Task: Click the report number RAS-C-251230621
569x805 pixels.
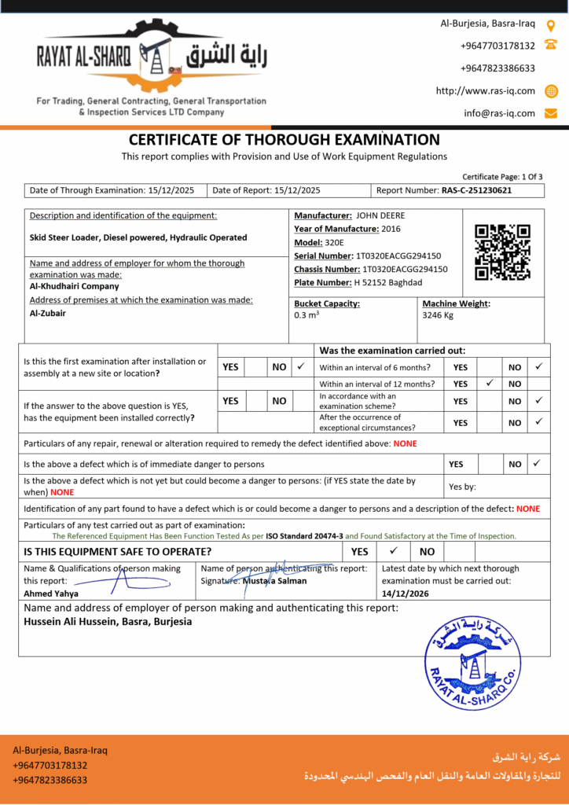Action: point(476,190)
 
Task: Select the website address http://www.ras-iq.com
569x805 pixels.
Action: point(485,91)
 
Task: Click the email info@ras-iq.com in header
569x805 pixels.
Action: point(499,113)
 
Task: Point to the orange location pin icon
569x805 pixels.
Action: point(551,25)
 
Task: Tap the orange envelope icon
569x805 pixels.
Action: point(551,113)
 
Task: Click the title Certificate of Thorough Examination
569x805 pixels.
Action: point(284,140)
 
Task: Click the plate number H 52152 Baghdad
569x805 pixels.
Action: point(387,282)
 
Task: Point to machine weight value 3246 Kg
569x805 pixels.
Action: point(439,315)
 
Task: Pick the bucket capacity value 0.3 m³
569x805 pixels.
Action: point(307,315)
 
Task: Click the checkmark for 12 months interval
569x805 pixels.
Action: point(490,384)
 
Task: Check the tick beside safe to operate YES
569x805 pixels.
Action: point(394,551)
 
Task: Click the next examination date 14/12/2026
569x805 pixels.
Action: point(406,594)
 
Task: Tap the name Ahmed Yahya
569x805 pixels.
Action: point(51,594)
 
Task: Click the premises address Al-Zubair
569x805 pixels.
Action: point(48,313)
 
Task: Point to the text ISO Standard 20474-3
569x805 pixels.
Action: point(304,536)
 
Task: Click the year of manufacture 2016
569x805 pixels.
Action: point(391,229)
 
